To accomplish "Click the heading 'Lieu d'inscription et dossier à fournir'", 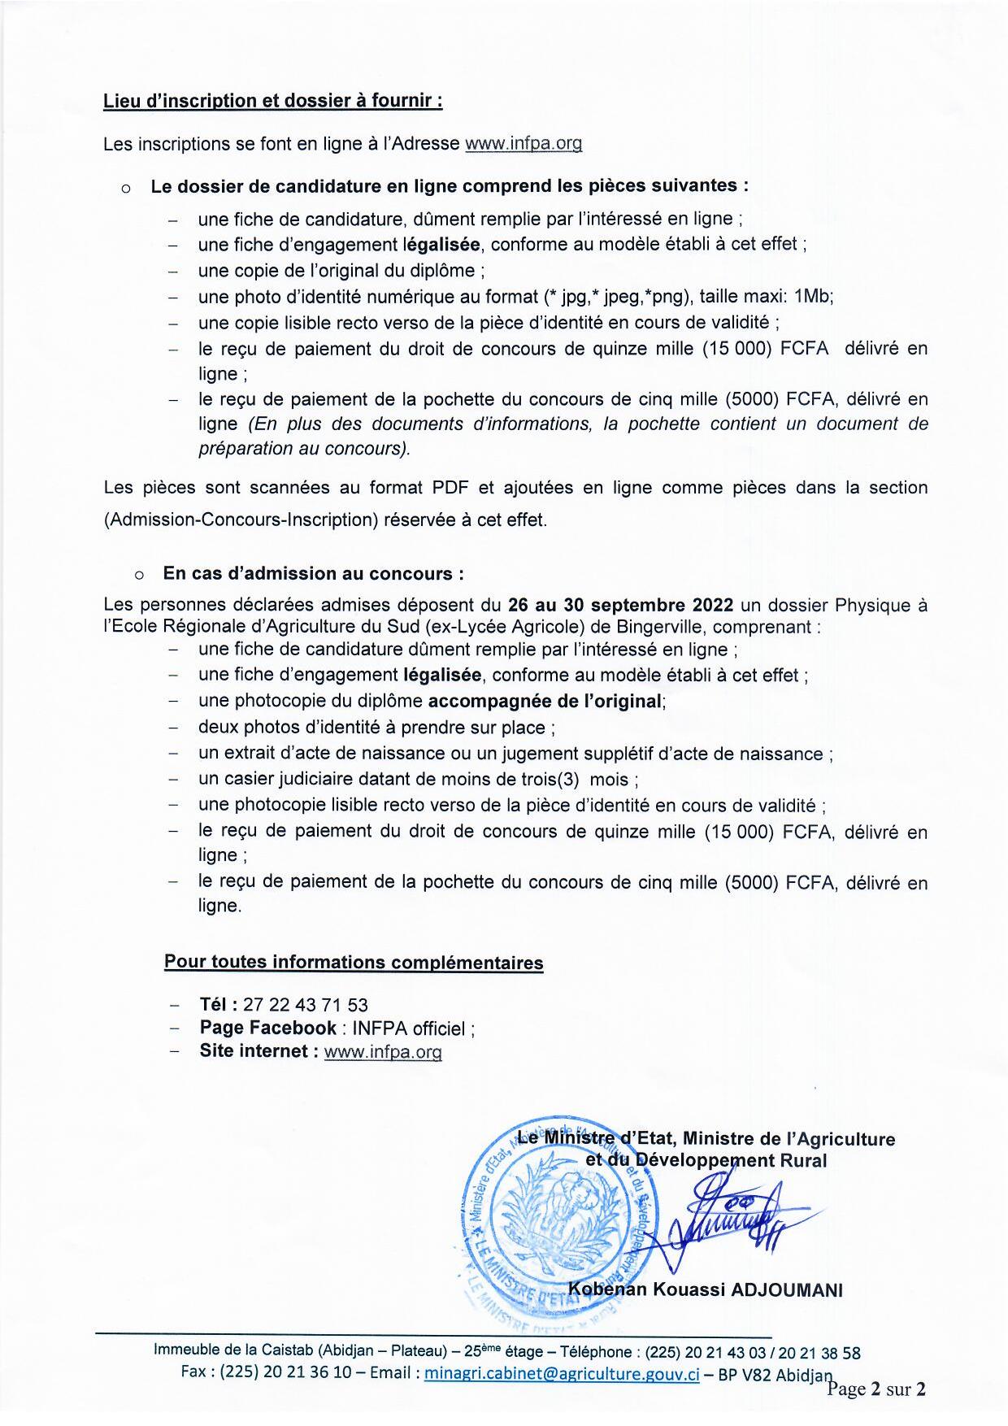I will tap(272, 101).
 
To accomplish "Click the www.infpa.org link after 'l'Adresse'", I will tap(523, 144).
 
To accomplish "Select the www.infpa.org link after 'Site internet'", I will tap(383, 1051).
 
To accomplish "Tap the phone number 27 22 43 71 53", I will tap(305, 1005).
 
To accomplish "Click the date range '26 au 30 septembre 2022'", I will tap(620, 606).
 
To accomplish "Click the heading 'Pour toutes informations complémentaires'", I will tap(354, 963).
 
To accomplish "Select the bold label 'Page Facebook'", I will tap(267, 1028).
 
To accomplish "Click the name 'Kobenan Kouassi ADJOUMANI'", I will tap(706, 1289).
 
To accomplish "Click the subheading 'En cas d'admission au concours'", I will tap(313, 573).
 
